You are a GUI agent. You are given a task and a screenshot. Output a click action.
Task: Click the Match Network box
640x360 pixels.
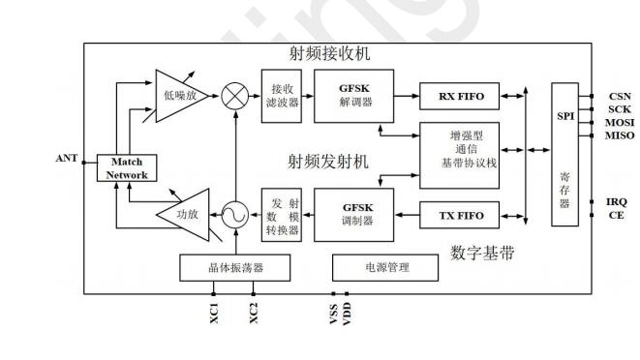click(126, 168)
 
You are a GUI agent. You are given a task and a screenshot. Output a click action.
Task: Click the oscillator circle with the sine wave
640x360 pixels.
click(233, 215)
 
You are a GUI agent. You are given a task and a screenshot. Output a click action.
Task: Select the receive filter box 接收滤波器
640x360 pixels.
click(281, 96)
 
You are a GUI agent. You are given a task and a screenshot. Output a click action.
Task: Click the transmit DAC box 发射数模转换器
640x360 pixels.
click(281, 214)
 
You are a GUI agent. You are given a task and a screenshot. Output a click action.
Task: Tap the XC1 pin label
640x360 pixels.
click(213, 315)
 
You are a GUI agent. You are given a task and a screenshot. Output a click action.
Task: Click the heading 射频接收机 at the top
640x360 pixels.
click(328, 54)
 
